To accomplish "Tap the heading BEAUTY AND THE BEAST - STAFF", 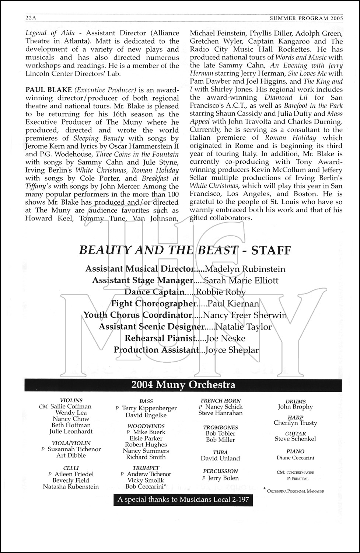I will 185,251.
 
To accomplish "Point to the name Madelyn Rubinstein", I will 245,269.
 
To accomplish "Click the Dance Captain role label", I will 154,292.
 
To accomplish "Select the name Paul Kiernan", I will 233,304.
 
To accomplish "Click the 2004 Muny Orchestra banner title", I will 183,385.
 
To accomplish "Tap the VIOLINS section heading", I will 71,400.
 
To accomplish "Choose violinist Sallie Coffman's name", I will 71,407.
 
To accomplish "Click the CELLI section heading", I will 71,468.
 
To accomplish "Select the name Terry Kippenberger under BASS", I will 149,408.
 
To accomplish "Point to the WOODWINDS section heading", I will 146,426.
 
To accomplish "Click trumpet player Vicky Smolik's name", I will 146,480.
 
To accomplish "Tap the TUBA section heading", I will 220,452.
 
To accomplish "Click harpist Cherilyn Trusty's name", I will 295,423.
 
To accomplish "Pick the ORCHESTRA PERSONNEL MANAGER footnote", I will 296,491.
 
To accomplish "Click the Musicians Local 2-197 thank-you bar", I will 183,500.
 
